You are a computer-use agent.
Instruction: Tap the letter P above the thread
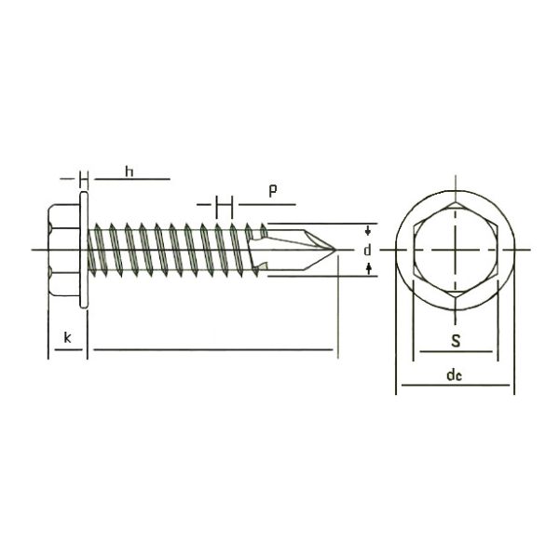tap(272, 191)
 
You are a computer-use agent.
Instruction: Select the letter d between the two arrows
tap(368, 250)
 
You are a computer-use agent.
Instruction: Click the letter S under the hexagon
tap(455, 341)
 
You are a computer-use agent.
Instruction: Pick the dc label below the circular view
tap(455, 375)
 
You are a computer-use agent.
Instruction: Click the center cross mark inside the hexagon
tap(456, 250)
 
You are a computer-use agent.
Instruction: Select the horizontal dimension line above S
tap(456, 352)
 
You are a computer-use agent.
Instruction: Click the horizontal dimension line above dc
tap(456, 386)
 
